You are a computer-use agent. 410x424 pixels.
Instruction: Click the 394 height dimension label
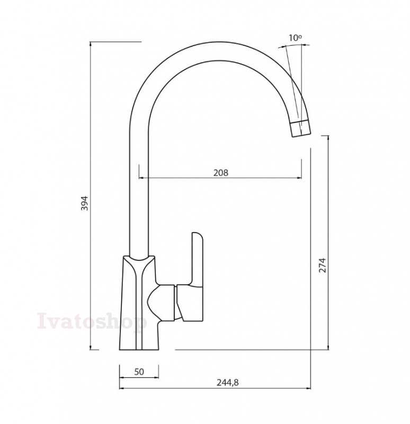pyautogui.click(x=85, y=203)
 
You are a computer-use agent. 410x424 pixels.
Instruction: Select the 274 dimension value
pyautogui.click(x=323, y=266)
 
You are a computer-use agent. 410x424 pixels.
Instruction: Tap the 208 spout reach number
pyautogui.click(x=221, y=173)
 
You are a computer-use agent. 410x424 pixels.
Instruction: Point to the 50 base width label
pyautogui.click(x=139, y=372)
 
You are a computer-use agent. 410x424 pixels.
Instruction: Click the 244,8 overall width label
pyautogui.click(x=228, y=382)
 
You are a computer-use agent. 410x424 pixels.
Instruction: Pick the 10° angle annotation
pyautogui.click(x=295, y=38)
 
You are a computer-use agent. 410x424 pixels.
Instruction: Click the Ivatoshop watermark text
pyautogui.click(x=92, y=321)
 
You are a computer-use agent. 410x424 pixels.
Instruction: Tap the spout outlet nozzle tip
pyautogui.click(x=300, y=128)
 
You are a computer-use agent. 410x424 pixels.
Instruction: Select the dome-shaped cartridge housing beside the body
pyautogui.click(x=161, y=303)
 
